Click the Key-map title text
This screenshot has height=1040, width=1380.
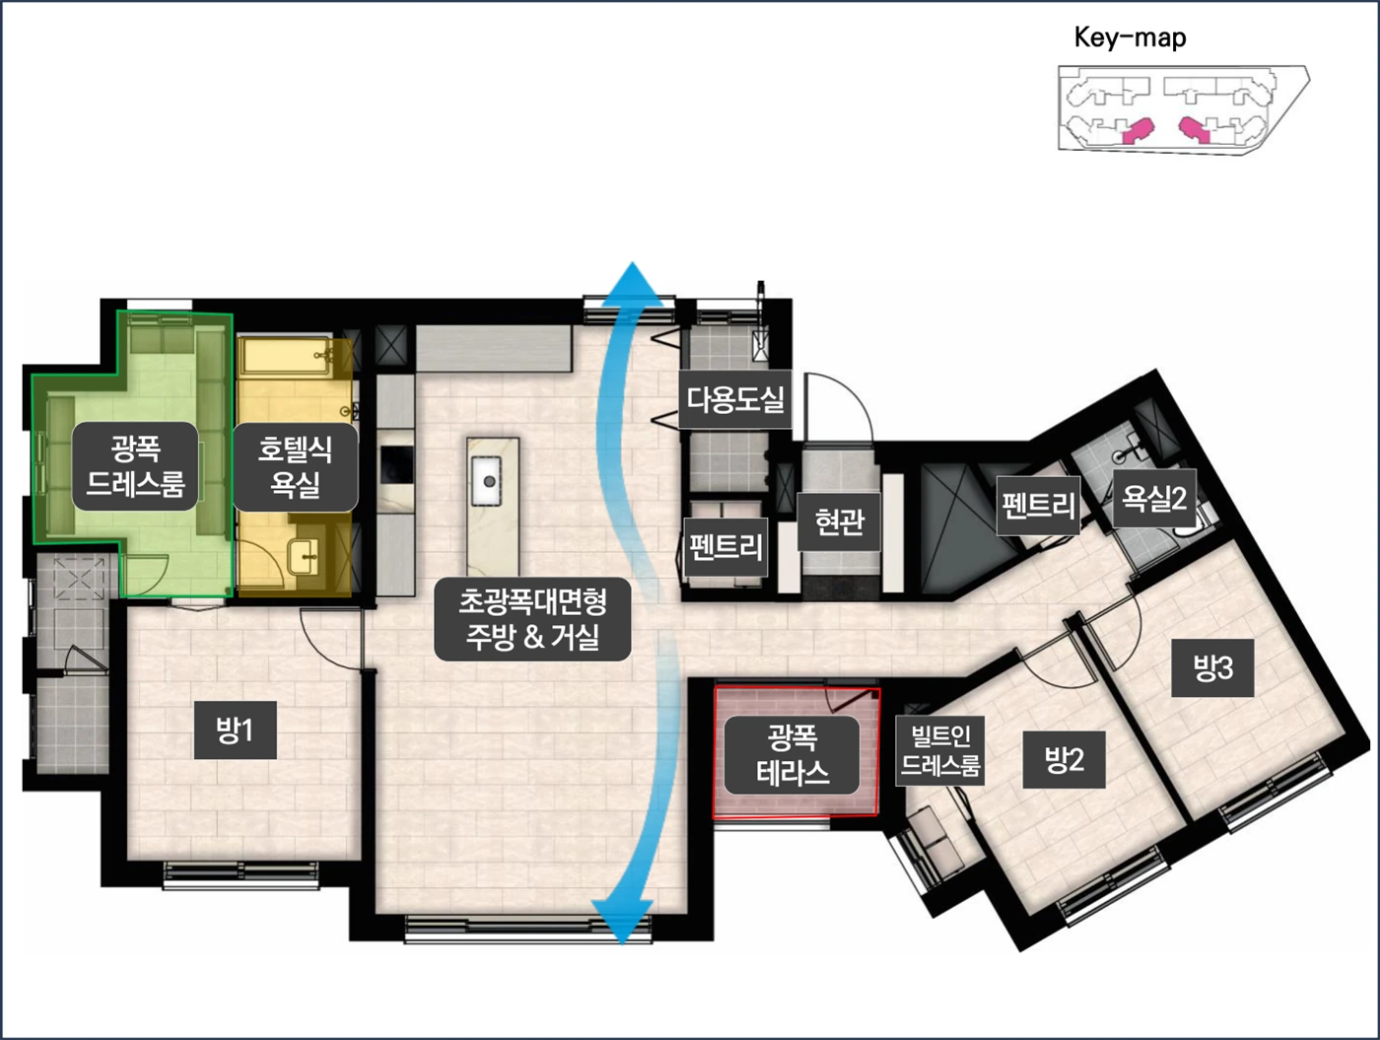[x=1130, y=37]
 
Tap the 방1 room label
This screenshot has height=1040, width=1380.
[x=235, y=730]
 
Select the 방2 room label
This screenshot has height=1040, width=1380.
[x=1064, y=760]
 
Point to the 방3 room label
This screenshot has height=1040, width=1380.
[x=1212, y=667]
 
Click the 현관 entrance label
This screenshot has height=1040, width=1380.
[x=839, y=521]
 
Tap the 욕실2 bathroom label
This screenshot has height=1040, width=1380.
[x=1154, y=498]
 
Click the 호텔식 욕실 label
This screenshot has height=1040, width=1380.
[x=295, y=466]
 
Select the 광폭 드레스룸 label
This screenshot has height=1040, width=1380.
[x=135, y=465]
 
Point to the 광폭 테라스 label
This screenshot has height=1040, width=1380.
[x=792, y=754]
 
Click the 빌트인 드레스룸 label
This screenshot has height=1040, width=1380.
[x=940, y=750]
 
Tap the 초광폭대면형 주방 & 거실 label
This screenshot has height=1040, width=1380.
[x=532, y=619]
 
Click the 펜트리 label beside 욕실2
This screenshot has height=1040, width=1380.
[x=1039, y=506]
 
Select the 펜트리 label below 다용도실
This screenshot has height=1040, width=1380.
[x=725, y=547]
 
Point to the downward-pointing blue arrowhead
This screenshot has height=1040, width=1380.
[x=622, y=922]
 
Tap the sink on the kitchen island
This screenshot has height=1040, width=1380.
[x=489, y=482]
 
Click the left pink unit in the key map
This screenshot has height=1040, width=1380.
[x=1138, y=130]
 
